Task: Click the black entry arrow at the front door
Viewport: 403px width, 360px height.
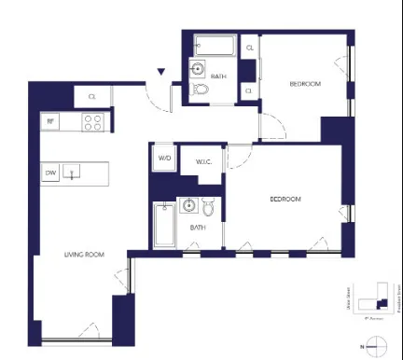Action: (x=161, y=72)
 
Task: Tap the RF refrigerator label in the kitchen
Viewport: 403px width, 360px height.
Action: (x=49, y=119)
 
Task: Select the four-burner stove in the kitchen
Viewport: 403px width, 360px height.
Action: (x=92, y=120)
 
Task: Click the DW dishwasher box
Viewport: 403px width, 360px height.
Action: (x=50, y=173)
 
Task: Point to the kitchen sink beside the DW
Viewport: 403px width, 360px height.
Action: (x=76, y=173)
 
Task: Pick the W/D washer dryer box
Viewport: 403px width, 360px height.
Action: (x=164, y=159)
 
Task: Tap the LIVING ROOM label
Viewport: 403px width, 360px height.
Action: (x=83, y=255)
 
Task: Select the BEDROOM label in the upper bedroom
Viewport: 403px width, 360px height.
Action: (x=304, y=84)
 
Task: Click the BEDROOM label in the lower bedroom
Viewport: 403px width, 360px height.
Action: (x=285, y=200)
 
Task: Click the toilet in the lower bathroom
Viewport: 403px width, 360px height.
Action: (x=208, y=208)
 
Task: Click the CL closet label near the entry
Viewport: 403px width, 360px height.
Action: (x=92, y=95)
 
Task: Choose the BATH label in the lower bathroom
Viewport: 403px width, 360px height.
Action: (x=198, y=228)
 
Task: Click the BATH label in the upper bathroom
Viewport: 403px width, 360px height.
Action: (x=218, y=76)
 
